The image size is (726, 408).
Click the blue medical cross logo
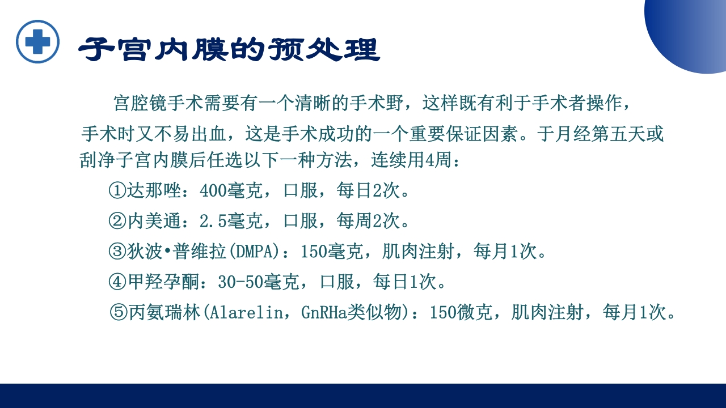point(37,41)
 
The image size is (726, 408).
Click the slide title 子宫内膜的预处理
point(229,50)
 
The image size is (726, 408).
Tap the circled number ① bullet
point(117,191)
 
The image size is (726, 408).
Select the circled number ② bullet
point(117,221)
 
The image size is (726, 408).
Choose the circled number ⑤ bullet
point(118,312)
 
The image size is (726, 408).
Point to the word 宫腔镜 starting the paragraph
point(140,104)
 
